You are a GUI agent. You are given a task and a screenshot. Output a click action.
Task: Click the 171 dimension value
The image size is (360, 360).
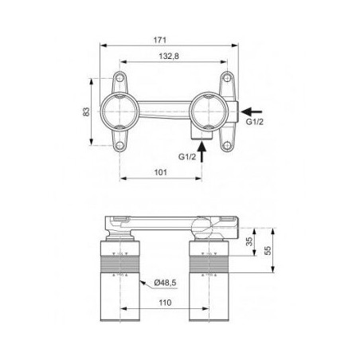[x=160, y=40]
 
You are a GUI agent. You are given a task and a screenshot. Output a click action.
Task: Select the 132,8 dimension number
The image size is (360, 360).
[x=169, y=57]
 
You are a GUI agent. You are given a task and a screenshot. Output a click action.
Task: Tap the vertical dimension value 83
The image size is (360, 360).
[x=86, y=112]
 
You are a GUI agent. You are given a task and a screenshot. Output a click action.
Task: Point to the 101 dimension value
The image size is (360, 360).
[x=161, y=172]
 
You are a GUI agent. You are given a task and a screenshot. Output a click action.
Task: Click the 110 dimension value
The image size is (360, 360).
[x=165, y=303]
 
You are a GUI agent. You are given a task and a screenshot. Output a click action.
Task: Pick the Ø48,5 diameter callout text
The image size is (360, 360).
[x=165, y=283]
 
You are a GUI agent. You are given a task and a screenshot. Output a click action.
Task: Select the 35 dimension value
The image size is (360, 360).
[x=249, y=241]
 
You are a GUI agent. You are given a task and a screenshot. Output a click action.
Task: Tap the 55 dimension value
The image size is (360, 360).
[x=268, y=250]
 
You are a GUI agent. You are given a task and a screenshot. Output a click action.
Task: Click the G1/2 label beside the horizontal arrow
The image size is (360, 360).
[x=255, y=122]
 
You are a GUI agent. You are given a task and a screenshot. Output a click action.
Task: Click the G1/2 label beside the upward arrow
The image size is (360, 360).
[x=187, y=157]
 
